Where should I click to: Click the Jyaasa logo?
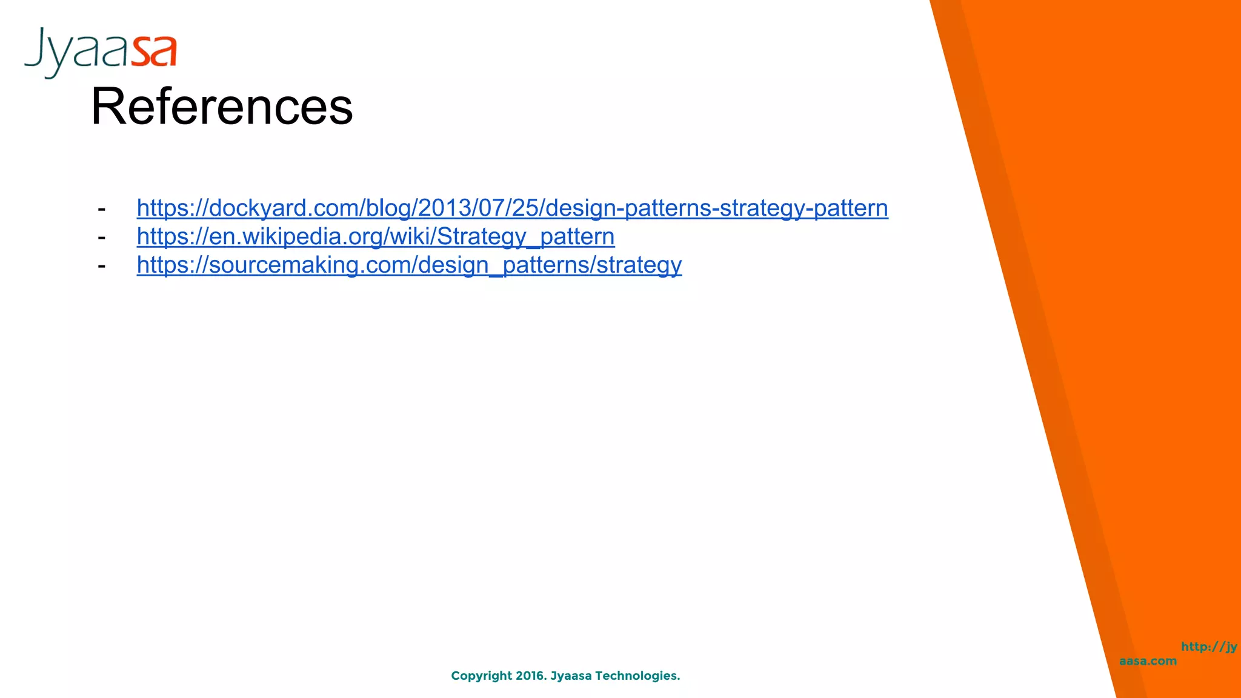101,52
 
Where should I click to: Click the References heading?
222,107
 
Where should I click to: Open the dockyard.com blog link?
512,208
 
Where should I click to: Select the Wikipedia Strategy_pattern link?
376,236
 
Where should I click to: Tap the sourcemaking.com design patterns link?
409,265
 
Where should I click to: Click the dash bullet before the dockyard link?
102,209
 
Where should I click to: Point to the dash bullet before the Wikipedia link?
102,238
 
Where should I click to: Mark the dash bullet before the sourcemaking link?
102,266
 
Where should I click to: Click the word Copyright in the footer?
481,676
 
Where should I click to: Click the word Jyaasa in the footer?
571,676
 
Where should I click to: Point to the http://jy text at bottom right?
1208,646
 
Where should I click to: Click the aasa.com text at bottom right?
1148,661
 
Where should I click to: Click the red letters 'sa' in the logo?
155,52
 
